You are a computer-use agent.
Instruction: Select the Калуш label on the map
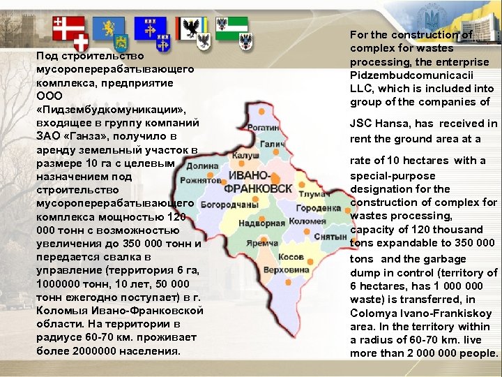click(246, 156)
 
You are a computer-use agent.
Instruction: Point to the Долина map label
click(202, 166)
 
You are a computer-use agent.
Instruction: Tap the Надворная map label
click(261, 223)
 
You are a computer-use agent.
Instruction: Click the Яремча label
click(262, 244)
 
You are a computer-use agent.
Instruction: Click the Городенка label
click(318, 208)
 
